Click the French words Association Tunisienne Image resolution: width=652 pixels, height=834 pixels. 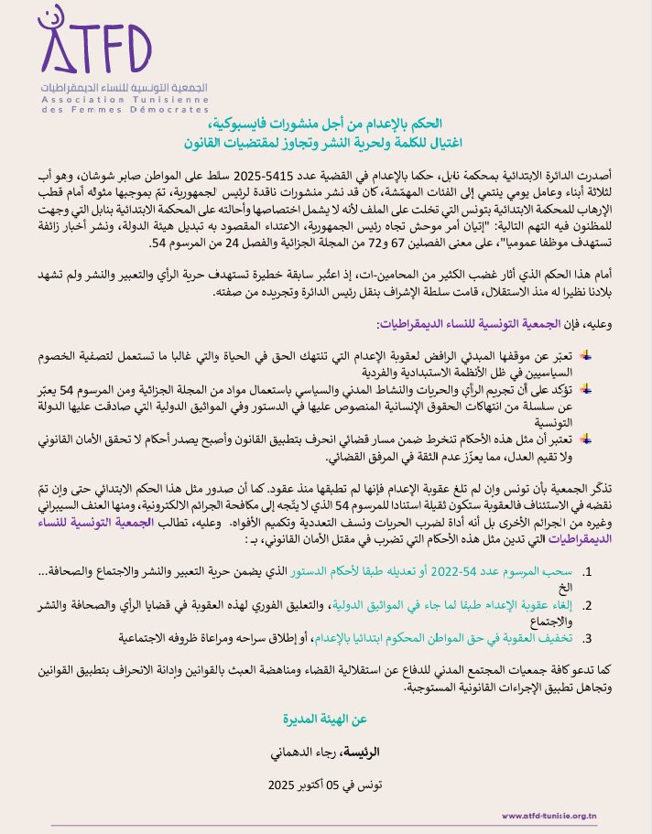[125, 97]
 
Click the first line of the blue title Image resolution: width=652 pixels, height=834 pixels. [325, 123]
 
